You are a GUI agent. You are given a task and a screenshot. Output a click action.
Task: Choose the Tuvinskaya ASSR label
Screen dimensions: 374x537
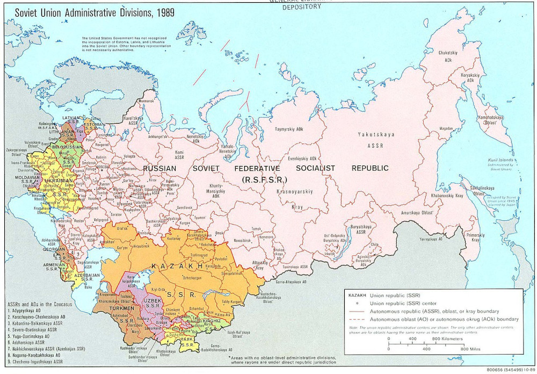(295, 267)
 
